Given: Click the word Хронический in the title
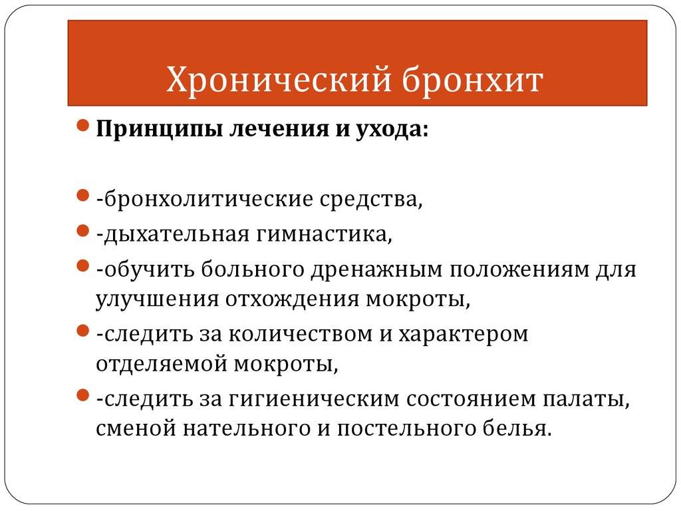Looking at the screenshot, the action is coord(279,80).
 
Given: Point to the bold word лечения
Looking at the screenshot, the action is coord(279,128).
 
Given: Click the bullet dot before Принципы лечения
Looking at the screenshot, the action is coord(82,126).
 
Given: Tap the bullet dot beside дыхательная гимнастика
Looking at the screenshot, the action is coord(82,230).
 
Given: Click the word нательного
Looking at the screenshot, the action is coord(246,428).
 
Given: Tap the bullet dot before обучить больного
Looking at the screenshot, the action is coord(82,265).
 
